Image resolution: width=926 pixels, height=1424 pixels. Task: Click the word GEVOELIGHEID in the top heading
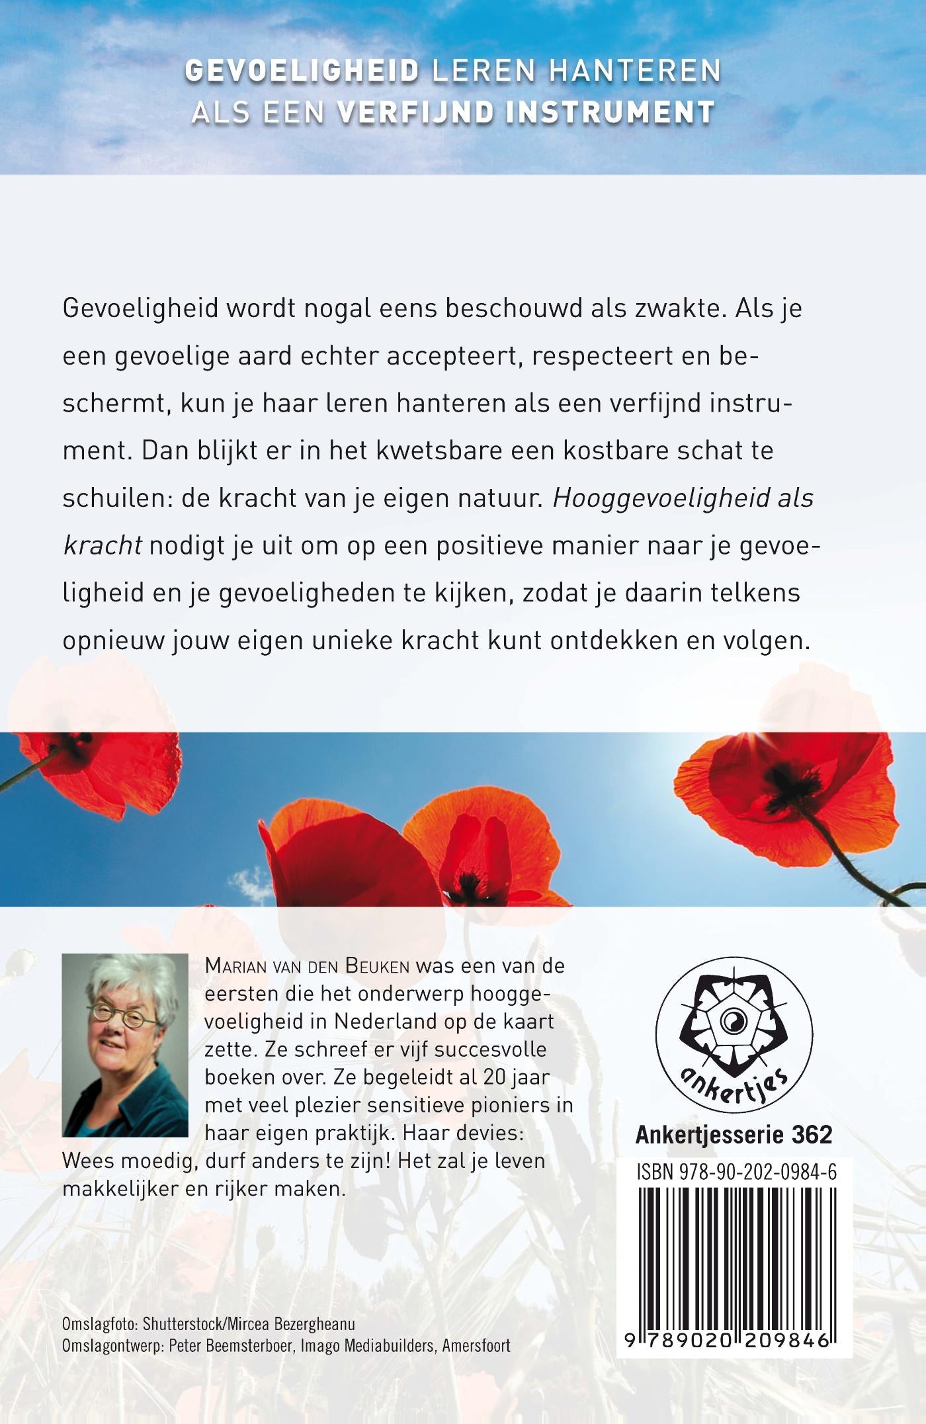pos(302,71)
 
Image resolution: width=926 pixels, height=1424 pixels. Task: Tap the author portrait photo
pos(125,1045)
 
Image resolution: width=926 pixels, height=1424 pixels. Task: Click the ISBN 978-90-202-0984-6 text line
pos(736,1173)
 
